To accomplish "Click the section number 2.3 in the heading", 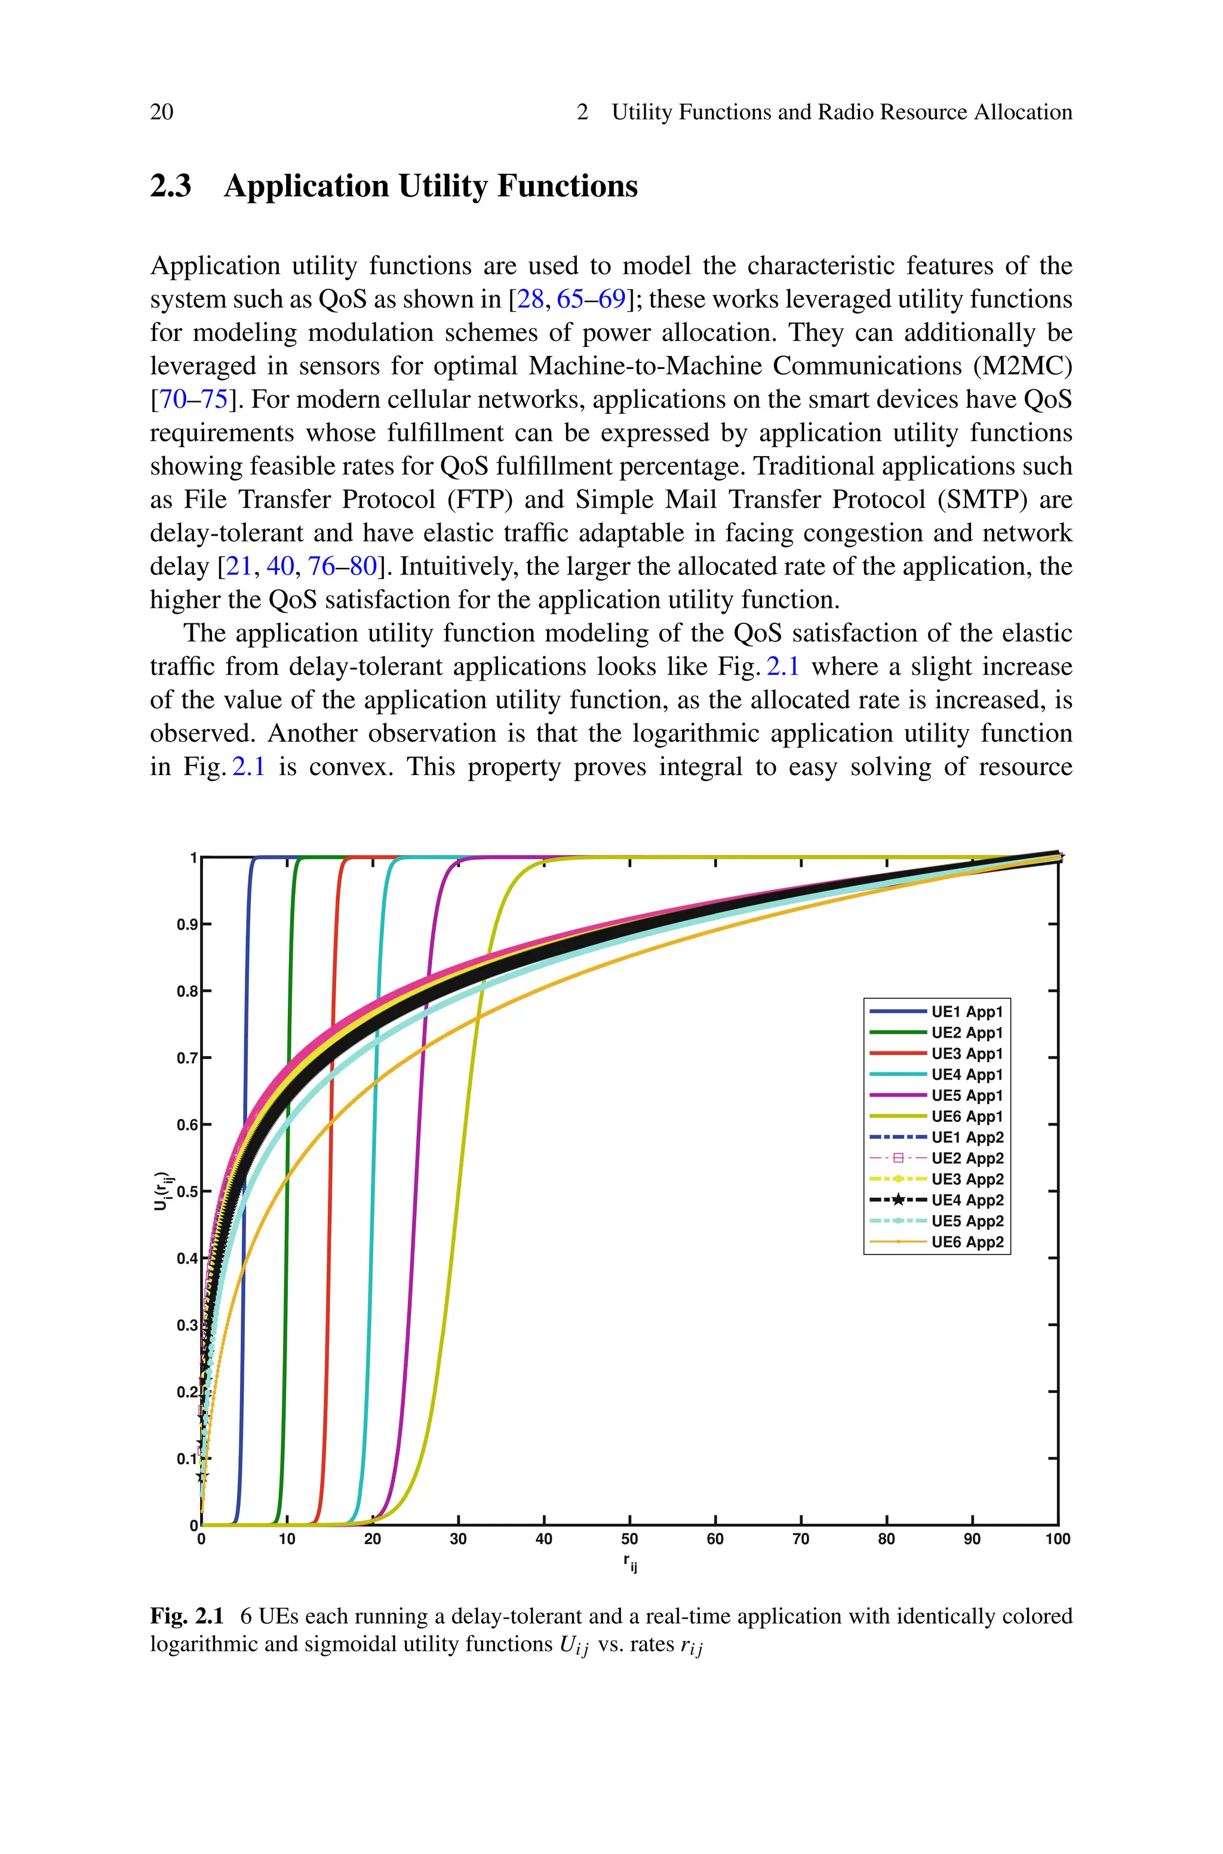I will [x=170, y=186].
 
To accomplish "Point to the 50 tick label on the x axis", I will [x=629, y=1539].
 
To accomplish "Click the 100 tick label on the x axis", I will [x=1058, y=1539].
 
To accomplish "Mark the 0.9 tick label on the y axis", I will [x=186, y=925].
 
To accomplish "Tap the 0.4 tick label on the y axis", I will [x=186, y=1258].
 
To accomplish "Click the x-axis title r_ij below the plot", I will [x=629, y=1561].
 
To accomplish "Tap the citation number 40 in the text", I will [x=280, y=566].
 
